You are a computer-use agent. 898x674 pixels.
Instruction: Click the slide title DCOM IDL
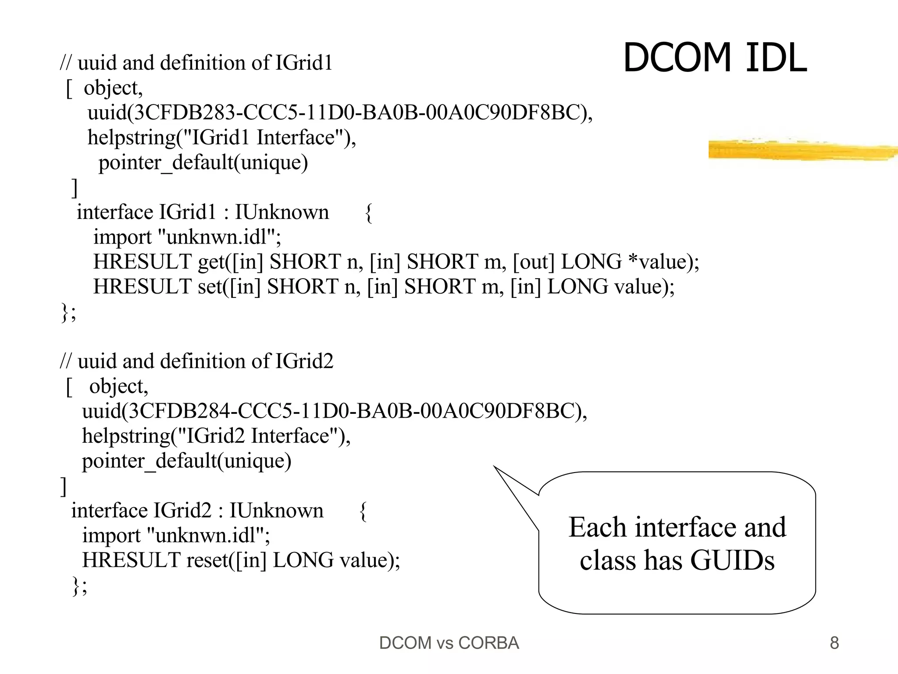(x=714, y=58)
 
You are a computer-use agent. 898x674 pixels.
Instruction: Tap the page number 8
(x=834, y=643)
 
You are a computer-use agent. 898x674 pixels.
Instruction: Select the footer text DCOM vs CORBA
(x=449, y=643)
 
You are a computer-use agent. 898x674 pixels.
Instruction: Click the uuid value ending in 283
(x=340, y=113)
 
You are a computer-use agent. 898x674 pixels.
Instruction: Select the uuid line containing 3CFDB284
(x=334, y=411)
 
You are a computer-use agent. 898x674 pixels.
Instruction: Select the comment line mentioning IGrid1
(x=196, y=63)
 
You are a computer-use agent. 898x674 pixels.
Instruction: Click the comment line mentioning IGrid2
(x=196, y=361)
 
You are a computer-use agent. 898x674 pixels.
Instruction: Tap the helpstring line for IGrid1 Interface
(x=221, y=138)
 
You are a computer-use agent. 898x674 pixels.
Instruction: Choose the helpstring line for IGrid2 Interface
(x=216, y=436)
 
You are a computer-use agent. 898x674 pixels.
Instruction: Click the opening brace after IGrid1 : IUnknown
(x=369, y=213)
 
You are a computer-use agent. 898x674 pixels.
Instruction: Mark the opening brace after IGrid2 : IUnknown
(x=363, y=511)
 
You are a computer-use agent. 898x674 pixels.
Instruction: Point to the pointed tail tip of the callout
(x=495, y=466)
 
